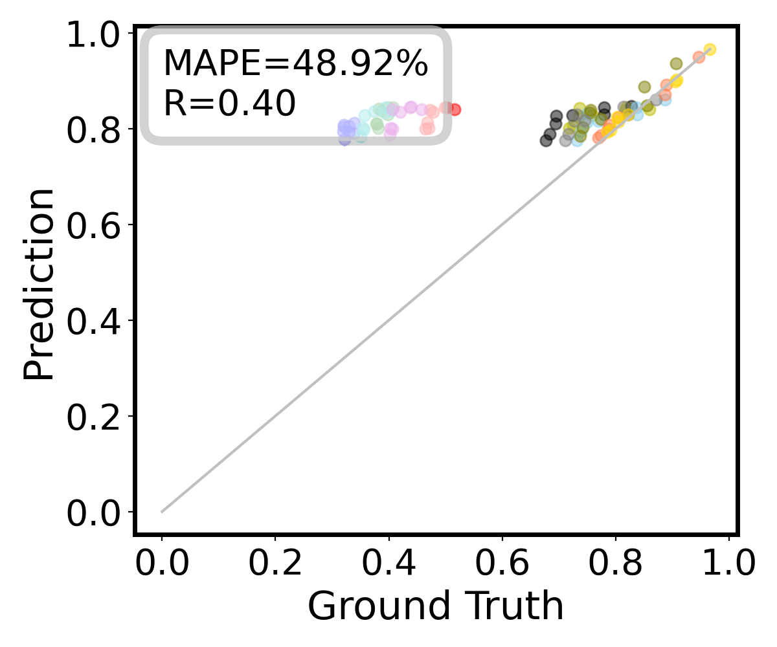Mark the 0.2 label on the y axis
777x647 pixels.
(x=97, y=416)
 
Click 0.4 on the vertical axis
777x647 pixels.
(x=97, y=320)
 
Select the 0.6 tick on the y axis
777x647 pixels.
(x=97, y=225)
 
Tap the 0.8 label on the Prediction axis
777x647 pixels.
(x=97, y=129)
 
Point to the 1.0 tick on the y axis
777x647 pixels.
(x=97, y=35)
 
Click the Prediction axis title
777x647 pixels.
(x=39, y=285)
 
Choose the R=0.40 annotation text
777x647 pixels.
(x=229, y=104)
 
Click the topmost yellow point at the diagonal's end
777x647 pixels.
(x=710, y=49)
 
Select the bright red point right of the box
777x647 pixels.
(x=455, y=109)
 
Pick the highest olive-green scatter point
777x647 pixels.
(x=676, y=63)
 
